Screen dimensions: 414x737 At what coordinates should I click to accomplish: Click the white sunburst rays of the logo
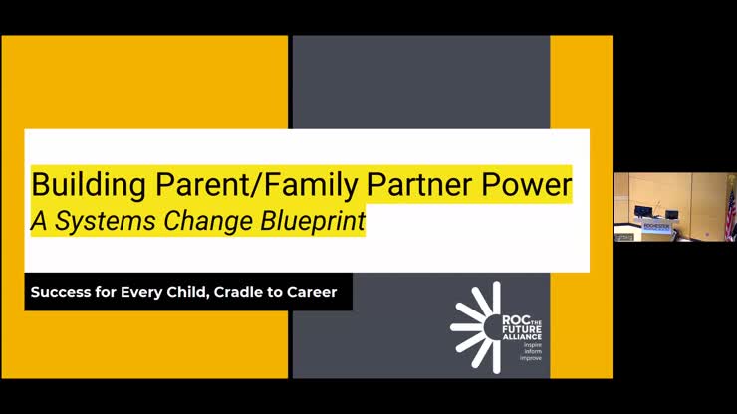[474, 325]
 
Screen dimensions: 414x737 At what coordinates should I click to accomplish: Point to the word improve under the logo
[531, 357]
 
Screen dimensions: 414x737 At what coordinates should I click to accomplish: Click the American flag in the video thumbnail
[729, 209]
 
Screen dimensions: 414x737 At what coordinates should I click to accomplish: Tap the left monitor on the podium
[642, 211]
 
